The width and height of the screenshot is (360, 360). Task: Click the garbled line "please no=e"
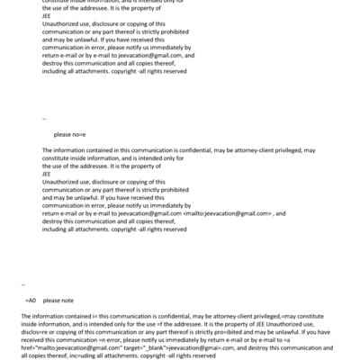tap(68, 133)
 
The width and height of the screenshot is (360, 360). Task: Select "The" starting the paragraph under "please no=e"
tap(48, 149)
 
